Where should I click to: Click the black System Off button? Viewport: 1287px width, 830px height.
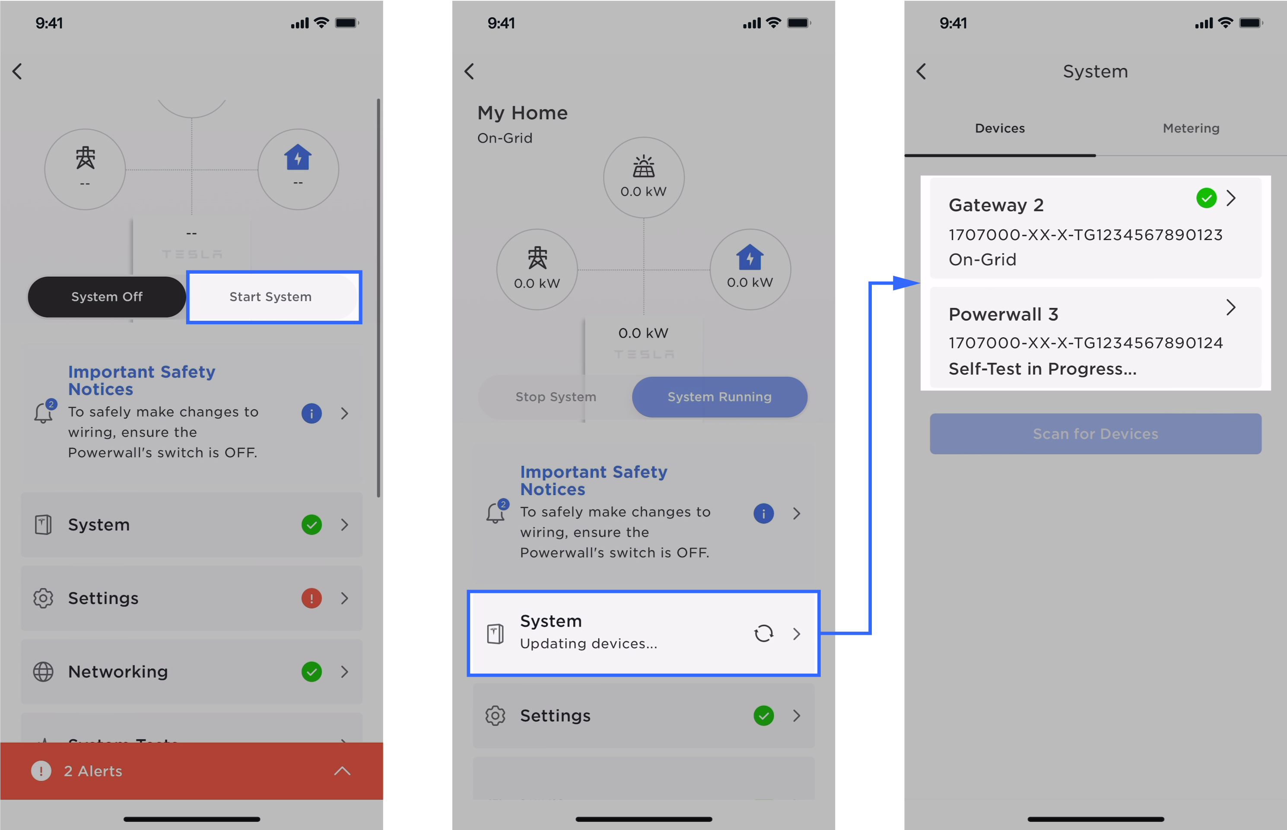pyautogui.click(x=107, y=297)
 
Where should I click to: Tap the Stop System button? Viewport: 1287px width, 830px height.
pyautogui.click(x=556, y=397)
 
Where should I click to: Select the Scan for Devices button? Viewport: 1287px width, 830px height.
pyautogui.click(x=1095, y=434)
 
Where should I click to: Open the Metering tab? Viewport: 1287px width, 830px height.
pyautogui.click(x=1191, y=128)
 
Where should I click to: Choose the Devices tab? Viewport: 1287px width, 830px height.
pyautogui.click(x=1000, y=128)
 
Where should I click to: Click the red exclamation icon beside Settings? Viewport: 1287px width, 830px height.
pyautogui.click(x=311, y=598)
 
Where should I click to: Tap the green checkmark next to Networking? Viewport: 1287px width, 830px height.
pyautogui.click(x=311, y=672)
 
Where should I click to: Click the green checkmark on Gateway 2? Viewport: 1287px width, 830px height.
pyautogui.click(x=1206, y=198)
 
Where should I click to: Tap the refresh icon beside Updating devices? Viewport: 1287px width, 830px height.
pyautogui.click(x=763, y=633)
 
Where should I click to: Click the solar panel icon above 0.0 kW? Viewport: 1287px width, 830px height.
pyautogui.click(x=644, y=167)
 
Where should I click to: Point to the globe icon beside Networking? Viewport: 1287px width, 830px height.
pyautogui.click(x=43, y=672)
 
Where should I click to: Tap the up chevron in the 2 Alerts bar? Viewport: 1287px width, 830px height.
pyautogui.click(x=342, y=771)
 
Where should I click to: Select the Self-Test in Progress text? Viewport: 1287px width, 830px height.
pyautogui.click(x=1042, y=369)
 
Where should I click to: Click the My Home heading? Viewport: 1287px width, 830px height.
pyautogui.click(x=522, y=113)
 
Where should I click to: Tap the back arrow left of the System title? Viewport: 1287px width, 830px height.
pyautogui.click(x=922, y=72)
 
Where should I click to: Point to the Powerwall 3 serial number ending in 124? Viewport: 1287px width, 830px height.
pyautogui.click(x=1085, y=343)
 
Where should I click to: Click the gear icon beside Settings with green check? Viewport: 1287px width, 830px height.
pyautogui.click(x=495, y=716)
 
